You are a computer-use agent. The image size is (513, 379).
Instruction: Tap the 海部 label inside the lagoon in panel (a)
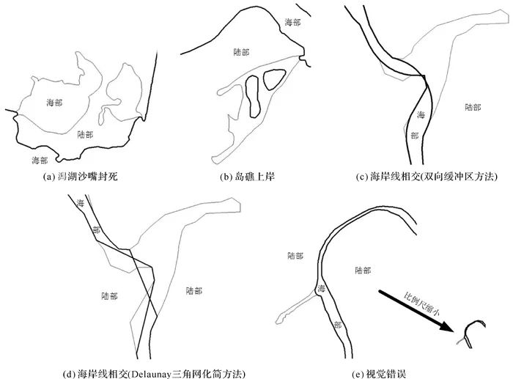click(54, 102)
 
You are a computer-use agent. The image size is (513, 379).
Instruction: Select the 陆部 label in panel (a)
click(85, 134)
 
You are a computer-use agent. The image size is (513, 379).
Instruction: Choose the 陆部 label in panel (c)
click(473, 107)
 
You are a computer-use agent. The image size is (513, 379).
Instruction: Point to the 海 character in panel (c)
click(421, 114)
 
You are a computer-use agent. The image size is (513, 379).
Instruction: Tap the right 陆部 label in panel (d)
click(196, 290)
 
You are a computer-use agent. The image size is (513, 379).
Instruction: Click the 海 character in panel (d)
click(81, 202)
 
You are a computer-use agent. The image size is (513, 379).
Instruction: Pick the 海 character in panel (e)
click(321, 290)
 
